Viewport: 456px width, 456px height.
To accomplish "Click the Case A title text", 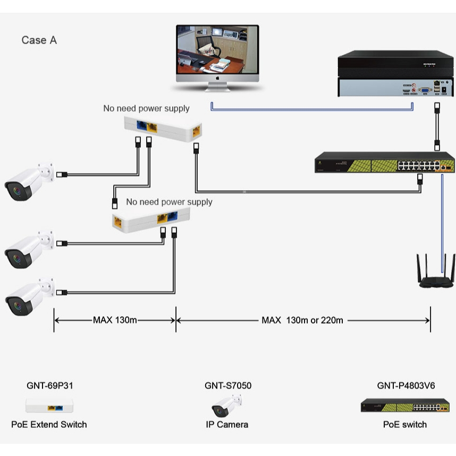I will [x=39, y=40].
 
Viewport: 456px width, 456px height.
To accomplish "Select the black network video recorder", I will [x=396, y=74].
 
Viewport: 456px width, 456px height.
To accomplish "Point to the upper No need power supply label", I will [x=146, y=108].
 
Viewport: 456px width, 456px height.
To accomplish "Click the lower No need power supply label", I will [x=169, y=202].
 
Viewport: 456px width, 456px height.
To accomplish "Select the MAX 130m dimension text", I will [x=115, y=320].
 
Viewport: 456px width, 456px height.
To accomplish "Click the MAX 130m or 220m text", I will [x=302, y=320].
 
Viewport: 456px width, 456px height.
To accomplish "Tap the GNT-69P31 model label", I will [x=50, y=385].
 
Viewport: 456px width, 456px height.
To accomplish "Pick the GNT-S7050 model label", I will [x=228, y=385].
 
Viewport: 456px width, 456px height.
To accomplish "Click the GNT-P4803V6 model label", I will [x=406, y=385].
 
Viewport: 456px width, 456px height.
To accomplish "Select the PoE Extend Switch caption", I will [x=49, y=424].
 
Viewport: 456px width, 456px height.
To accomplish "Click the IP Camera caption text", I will [x=227, y=424].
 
